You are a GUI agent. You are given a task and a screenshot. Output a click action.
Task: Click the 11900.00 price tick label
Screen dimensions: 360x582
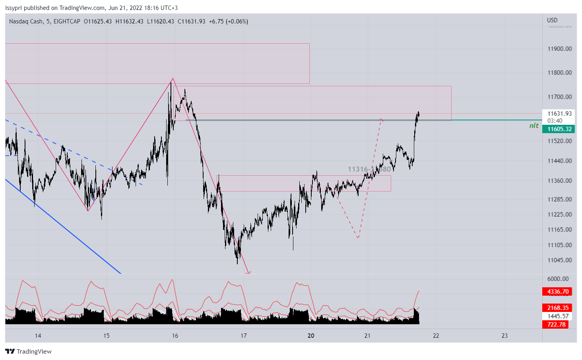tap(559, 49)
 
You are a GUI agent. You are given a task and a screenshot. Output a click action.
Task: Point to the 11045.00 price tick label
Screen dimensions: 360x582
tap(559, 260)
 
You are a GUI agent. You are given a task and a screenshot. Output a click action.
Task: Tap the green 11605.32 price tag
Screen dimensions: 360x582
tap(559, 129)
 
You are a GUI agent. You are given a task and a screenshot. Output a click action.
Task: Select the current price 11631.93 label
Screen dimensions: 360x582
tap(559, 114)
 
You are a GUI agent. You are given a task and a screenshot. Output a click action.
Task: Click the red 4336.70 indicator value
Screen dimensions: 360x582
tap(558, 292)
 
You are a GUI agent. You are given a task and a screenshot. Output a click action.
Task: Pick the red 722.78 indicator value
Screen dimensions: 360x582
tap(556, 325)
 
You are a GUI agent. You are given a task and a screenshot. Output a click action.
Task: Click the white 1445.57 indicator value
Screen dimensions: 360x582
tap(558, 316)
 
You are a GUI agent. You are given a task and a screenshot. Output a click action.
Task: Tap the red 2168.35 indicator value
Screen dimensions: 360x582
tap(558, 308)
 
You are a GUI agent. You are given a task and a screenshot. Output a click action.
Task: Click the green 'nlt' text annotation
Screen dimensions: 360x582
tap(533, 126)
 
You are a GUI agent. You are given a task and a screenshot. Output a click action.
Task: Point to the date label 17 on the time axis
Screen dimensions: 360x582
tap(244, 336)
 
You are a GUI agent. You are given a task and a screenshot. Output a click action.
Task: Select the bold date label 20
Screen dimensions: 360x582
tap(311, 336)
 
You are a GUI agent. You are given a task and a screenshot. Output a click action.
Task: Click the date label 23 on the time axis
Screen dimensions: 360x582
tap(504, 336)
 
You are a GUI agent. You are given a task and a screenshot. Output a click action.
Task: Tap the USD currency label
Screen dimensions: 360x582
tap(552, 20)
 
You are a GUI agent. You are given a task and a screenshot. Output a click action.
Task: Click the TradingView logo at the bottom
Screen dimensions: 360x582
tap(29, 352)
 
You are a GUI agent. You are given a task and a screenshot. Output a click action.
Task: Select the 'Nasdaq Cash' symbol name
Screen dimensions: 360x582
tap(26, 21)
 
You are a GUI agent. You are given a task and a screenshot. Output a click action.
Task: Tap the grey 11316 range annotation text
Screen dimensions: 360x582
tap(358, 169)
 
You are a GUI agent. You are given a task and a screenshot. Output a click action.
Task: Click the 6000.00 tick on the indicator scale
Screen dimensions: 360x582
tap(558, 279)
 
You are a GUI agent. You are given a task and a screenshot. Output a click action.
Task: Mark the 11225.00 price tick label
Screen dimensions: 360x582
tap(559, 215)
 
